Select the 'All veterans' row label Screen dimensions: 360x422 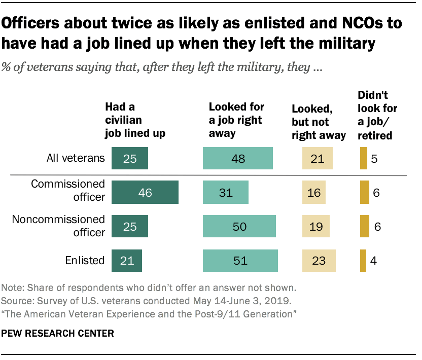point(74,158)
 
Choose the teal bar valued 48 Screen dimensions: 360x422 point(237,158)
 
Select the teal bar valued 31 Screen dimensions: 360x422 point(226,193)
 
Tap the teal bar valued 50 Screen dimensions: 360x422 point(239,226)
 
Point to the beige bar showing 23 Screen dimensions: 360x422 point(319,261)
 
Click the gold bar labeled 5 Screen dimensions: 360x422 point(363,158)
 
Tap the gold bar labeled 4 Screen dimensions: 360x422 point(363,261)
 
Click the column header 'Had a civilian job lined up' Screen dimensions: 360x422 point(134,121)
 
